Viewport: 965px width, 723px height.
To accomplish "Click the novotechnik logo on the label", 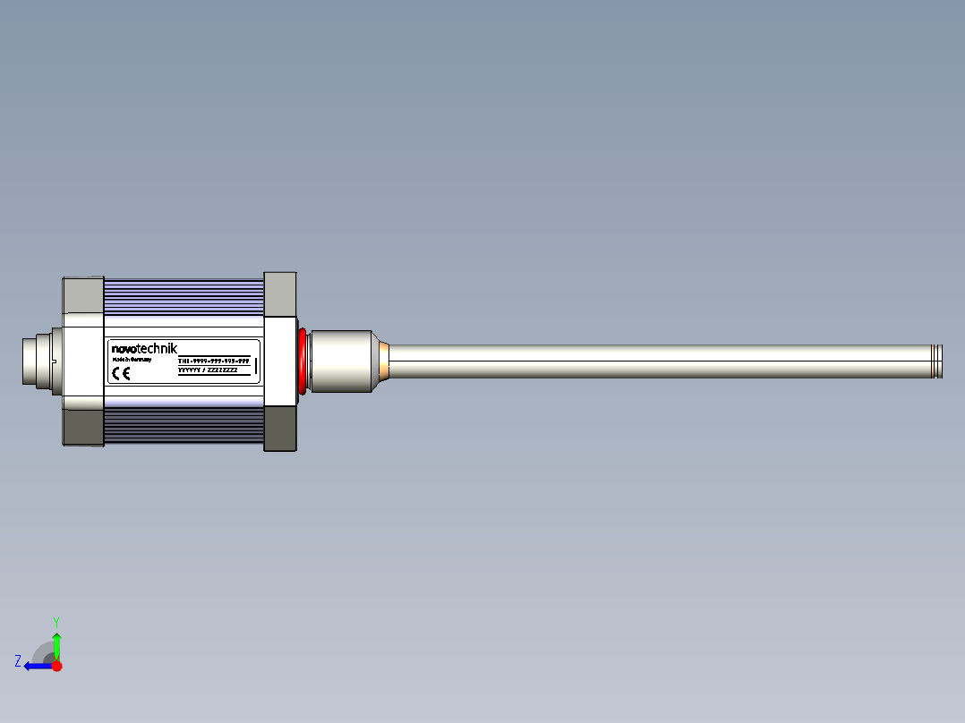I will pos(144,349).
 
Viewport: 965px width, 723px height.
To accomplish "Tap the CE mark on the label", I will pos(121,374).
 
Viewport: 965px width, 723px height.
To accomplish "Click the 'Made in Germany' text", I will pos(132,359).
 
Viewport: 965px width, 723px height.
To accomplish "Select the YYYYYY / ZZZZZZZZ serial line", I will pos(208,370).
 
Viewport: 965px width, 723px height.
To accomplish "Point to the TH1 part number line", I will pos(213,360).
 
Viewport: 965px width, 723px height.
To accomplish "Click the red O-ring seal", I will pos(303,361).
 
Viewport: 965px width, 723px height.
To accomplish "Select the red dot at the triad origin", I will pos(57,666).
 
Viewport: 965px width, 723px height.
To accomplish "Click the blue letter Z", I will pos(18,661).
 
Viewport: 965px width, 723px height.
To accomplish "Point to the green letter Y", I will pos(56,621).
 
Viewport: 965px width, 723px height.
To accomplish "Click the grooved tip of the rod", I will pos(936,361).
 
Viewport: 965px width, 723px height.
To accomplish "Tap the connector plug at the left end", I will pos(36,361).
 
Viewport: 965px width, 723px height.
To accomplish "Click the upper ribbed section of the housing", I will pos(184,295).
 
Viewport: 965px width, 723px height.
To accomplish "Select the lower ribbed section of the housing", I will pos(184,428).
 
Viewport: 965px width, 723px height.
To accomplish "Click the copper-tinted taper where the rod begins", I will pos(382,361).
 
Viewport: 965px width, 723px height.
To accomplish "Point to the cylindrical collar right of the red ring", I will pos(341,361).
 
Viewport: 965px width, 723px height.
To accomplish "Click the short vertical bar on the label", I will pos(256,365).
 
